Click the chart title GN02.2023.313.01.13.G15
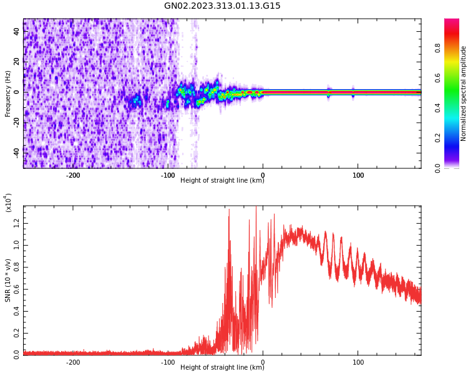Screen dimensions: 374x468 tap(222, 6)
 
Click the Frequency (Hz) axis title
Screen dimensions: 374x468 tap(7, 93)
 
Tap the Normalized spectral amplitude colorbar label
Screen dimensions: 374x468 tap(464, 93)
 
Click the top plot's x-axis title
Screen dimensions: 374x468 tap(222, 181)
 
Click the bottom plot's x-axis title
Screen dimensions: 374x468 tap(222, 367)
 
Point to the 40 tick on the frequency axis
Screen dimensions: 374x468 tap(17, 32)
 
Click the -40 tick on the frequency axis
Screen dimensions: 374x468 tap(17, 151)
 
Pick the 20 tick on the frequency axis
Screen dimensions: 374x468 tap(17, 62)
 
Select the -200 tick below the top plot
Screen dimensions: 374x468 tap(73, 175)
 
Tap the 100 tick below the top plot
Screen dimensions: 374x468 tap(358, 175)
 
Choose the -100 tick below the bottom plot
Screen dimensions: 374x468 tap(168, 362)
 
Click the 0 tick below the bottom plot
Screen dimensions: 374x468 tap(263, 362)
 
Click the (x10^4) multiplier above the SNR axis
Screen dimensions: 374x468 tap(8, 203)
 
